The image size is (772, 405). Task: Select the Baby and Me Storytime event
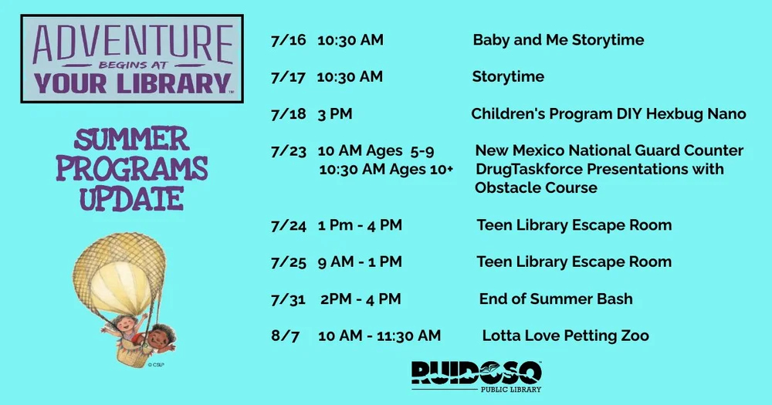pos(558,40)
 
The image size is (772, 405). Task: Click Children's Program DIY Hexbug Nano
pos(608,114)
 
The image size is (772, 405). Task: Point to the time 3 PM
pos(334,114)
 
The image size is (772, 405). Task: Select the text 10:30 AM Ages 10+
pos(386,169)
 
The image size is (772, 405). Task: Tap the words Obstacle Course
pos(536,187)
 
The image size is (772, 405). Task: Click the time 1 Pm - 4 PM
pos(360,225)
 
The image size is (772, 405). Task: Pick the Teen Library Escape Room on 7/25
pos(574,262)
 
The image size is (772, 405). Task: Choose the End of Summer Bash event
pos(556,299)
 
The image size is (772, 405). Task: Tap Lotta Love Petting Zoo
pos(565,336)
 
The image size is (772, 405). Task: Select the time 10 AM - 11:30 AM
pos(379,336)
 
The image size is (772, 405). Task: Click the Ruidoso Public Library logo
pos(476,376)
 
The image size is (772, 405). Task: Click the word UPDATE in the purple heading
pos(132,198)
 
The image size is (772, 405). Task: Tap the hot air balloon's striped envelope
pos(120,274)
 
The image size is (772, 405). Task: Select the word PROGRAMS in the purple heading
pos(132,168)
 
